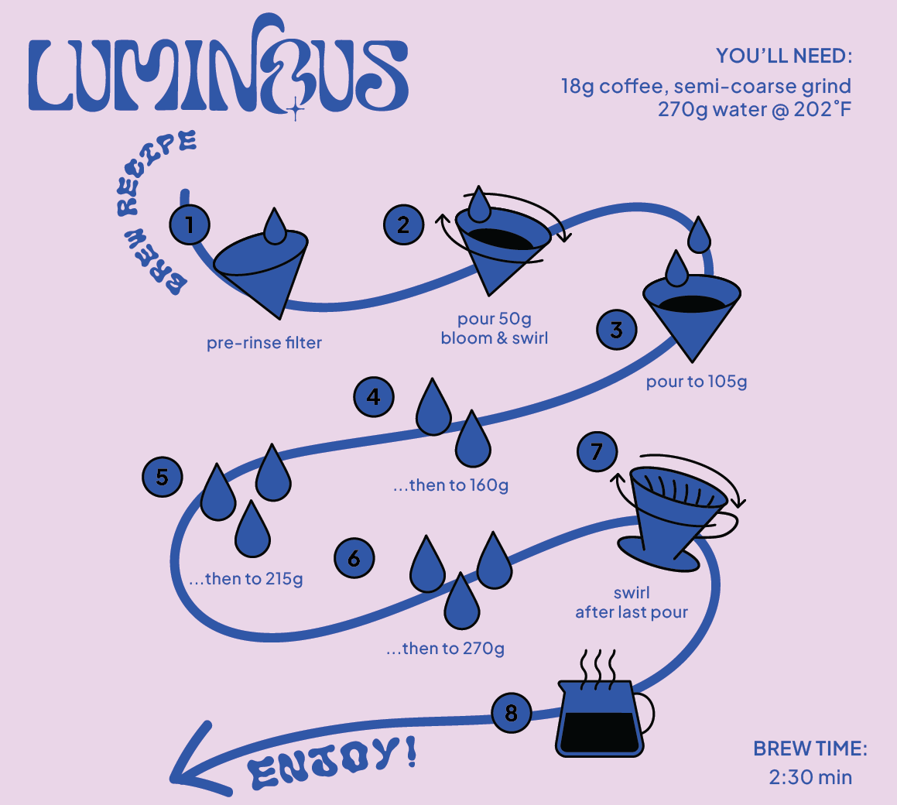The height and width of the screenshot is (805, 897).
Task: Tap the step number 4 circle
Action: point(374,397)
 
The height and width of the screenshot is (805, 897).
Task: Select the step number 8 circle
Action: point(511,712)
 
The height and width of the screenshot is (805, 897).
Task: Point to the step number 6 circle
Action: point(354,558)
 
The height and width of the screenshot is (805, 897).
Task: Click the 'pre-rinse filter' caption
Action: point(264,343)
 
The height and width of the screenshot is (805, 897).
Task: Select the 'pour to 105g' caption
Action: point(697,382)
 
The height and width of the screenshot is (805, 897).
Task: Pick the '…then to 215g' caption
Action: point(246,579)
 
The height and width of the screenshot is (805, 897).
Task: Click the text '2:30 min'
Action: point(810,776)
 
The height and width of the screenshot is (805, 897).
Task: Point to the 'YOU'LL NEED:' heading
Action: point(783,57)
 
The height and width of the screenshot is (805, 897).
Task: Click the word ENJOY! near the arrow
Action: point(332,762)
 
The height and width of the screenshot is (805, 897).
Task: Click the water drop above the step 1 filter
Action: point(275,225)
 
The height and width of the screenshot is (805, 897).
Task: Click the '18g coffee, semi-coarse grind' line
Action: point(706,86)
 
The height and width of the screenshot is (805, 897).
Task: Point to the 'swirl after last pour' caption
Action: point(632,603)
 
